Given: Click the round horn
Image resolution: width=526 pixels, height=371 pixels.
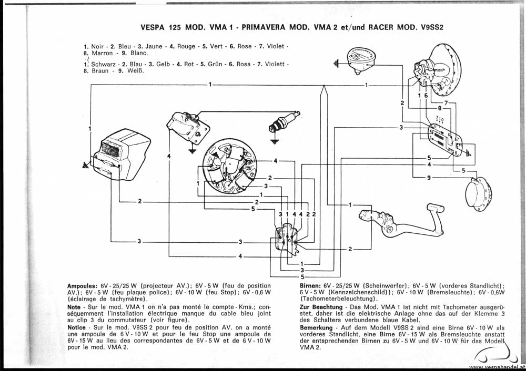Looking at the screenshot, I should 478,192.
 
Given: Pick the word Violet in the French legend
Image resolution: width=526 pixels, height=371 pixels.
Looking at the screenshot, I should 276,46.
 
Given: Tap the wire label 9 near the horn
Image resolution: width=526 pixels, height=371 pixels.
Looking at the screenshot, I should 429,178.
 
